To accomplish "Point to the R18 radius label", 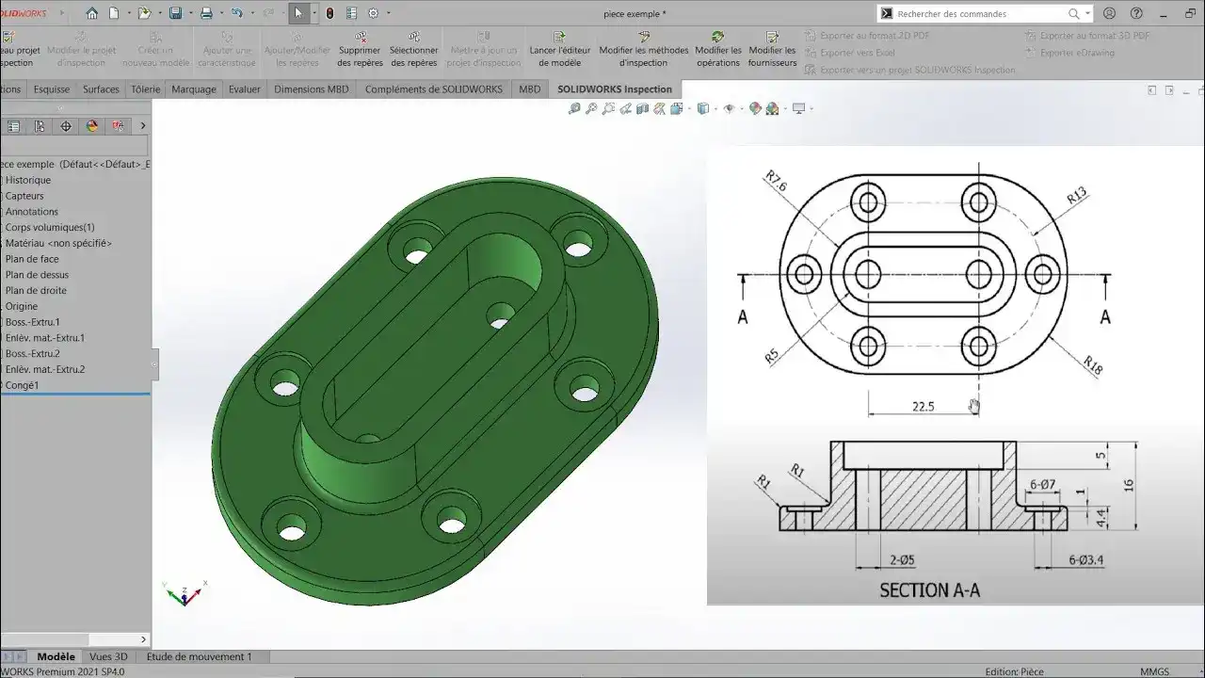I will pos(1092,365).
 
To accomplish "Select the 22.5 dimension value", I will pos(923,407).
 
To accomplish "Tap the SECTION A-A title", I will pos(929,590).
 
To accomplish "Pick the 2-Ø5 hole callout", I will pos(902,560).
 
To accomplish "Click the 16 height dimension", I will pos(1129,485).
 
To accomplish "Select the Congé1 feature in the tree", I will pos(22,385).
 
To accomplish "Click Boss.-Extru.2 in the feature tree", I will pos(32,353).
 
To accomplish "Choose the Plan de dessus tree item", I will pos(37,275).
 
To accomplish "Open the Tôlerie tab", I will pos(145,89).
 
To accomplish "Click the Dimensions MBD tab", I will pos(311,89).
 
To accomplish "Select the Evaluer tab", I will pos(245,89).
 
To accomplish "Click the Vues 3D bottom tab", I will pos(108,656).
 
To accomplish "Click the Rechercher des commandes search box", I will pos(979,14).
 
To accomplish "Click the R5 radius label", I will pos(772,357).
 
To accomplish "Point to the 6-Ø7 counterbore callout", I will pos(1042,485).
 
